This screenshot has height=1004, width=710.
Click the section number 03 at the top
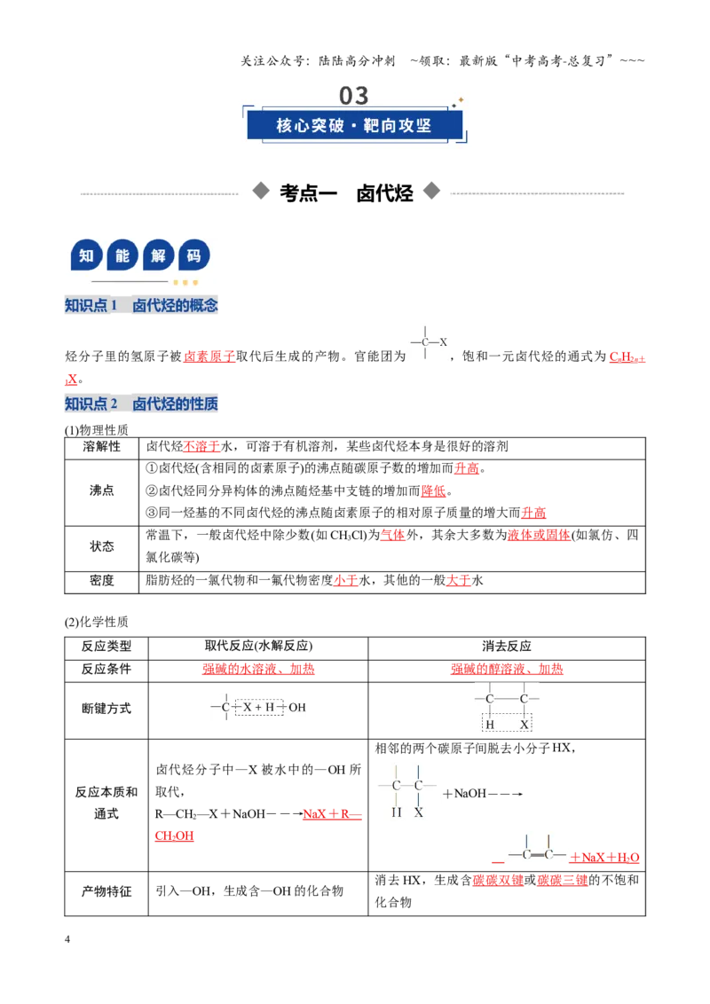pos(354,96)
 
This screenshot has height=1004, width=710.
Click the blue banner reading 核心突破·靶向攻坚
pos(354,125)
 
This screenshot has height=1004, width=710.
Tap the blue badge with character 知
pos(86,256)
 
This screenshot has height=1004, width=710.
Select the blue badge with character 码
pos(194,256)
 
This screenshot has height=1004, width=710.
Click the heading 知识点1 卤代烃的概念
pos(141,305)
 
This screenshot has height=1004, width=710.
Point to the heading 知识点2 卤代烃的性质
pos(141,404)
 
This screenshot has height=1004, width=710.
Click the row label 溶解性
pos(102,447)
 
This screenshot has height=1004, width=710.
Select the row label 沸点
pos(102,490)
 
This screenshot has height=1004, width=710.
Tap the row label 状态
pos(102,546)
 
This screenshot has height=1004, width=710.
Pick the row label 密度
pos(102,581)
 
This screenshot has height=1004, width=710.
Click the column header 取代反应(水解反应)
pos(258,646)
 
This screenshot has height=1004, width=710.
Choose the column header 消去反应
pos(507,646)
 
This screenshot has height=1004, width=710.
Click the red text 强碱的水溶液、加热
pos(258,669)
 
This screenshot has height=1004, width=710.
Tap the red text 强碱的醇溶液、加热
pos(507,669)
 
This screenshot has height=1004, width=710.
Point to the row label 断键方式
pos(106,709)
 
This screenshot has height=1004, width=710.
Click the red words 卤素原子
pos(209,357)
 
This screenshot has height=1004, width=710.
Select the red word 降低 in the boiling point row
pos(434,491)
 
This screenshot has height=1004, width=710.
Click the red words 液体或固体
pos(539,536)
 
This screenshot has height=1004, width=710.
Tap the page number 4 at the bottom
pos(67,939)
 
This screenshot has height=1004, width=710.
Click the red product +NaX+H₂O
pos(604,858)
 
